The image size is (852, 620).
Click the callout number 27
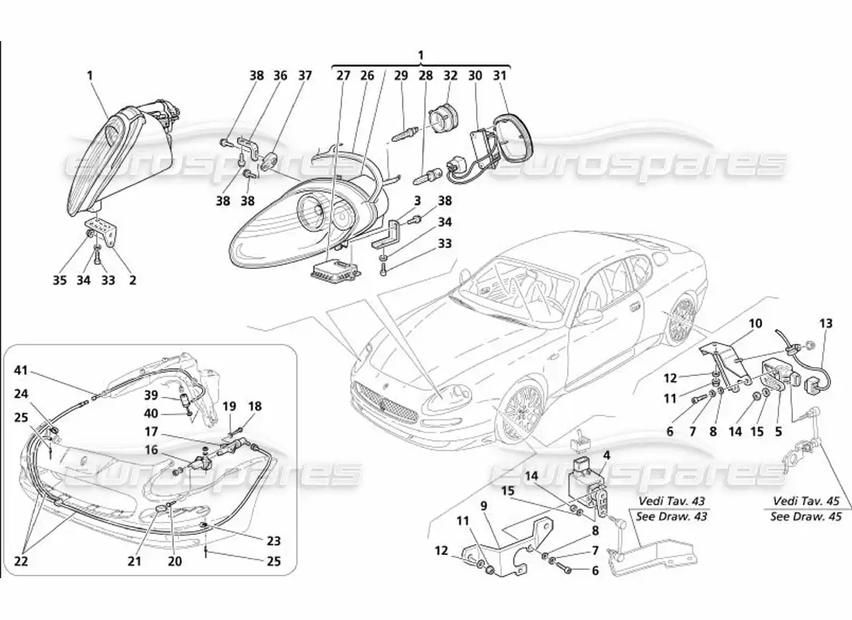[x=342, y=75]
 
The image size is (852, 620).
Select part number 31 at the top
[x=500, y=75]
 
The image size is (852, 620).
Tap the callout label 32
[x=450, y=75]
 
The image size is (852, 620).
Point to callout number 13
[x=826, y=323]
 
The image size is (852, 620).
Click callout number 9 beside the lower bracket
[x=483, y=505]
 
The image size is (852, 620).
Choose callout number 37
[x=305, y=75]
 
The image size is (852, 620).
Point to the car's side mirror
[x=589, y=316]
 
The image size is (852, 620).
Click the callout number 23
[x=273, y=541]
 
